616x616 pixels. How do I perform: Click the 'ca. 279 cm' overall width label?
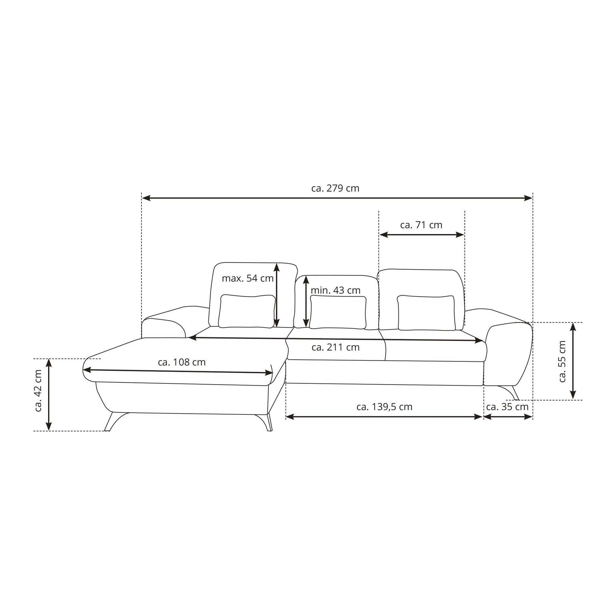click(x=335, y=188)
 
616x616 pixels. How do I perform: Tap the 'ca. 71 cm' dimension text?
click(x=421, y=225)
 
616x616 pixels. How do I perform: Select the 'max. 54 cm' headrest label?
click(x=248, y=278)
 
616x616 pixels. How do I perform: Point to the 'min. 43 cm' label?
click(x=335, y=291)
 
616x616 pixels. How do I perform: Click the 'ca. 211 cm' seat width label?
click(x=335, y=347)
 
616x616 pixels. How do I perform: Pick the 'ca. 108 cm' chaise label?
click(x=182, y=362)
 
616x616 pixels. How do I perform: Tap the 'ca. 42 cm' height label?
click(x=38, y=391)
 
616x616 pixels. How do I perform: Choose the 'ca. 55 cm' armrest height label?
click(x=562, y=362)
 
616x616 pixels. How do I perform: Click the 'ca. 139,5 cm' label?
click(x=384, y=407)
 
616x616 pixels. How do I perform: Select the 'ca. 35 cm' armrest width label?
click(x=507, y=407)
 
